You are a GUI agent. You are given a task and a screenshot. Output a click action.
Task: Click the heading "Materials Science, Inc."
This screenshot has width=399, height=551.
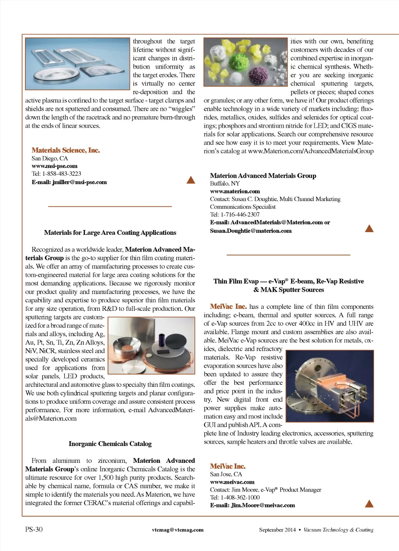65,150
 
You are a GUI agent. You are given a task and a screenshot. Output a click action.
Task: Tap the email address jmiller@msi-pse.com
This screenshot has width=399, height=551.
79,182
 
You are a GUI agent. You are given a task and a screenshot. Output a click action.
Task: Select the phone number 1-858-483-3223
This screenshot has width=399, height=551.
62,174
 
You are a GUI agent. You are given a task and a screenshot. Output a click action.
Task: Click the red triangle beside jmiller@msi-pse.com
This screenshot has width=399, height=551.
191,180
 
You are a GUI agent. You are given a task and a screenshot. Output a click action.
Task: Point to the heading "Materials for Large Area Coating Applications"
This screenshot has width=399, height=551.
110,232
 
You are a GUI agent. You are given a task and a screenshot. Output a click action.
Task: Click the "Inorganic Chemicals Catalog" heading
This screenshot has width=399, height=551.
110,444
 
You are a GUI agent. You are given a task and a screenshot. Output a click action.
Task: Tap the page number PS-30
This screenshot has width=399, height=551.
34,529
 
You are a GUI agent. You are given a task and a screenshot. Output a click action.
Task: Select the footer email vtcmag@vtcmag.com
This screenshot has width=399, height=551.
178,530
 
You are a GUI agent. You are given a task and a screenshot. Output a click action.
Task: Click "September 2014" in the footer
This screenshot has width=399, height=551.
277,530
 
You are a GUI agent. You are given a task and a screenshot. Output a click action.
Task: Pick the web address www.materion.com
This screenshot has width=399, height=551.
235,191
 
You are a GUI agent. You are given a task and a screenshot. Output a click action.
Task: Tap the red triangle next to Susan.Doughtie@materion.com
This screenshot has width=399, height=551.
369,229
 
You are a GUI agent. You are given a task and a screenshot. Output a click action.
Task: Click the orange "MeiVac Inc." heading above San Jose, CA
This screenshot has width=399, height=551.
228,466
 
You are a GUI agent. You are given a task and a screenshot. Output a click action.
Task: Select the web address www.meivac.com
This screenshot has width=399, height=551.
232,482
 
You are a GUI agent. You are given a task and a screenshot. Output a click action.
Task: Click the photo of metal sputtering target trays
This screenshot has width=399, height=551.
77,64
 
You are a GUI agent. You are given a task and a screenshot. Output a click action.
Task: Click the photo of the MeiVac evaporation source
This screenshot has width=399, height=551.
330,386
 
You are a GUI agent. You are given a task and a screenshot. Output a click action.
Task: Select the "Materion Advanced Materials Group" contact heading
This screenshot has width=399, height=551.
263,175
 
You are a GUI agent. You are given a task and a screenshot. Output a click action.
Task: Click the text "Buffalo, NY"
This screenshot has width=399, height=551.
225,183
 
